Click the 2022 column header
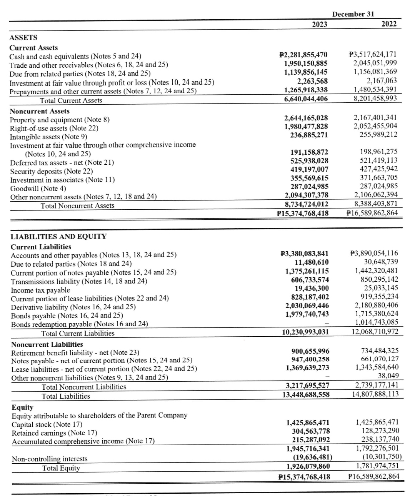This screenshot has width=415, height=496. click(389, 24)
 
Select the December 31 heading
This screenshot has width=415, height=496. click(353, 14)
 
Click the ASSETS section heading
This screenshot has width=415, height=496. click(23, 37)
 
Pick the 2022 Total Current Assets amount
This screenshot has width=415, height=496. click(375, 98)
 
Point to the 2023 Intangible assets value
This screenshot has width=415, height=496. click(306, 135)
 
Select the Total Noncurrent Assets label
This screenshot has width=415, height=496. click(77, 205)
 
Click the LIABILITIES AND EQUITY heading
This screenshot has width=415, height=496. click(58, 236)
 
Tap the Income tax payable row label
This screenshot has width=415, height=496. click(40, 290)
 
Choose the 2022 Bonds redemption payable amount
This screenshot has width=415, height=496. click(377, 322)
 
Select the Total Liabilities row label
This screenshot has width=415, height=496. click(66, 396)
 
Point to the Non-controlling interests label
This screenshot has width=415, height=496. click(50, 459)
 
